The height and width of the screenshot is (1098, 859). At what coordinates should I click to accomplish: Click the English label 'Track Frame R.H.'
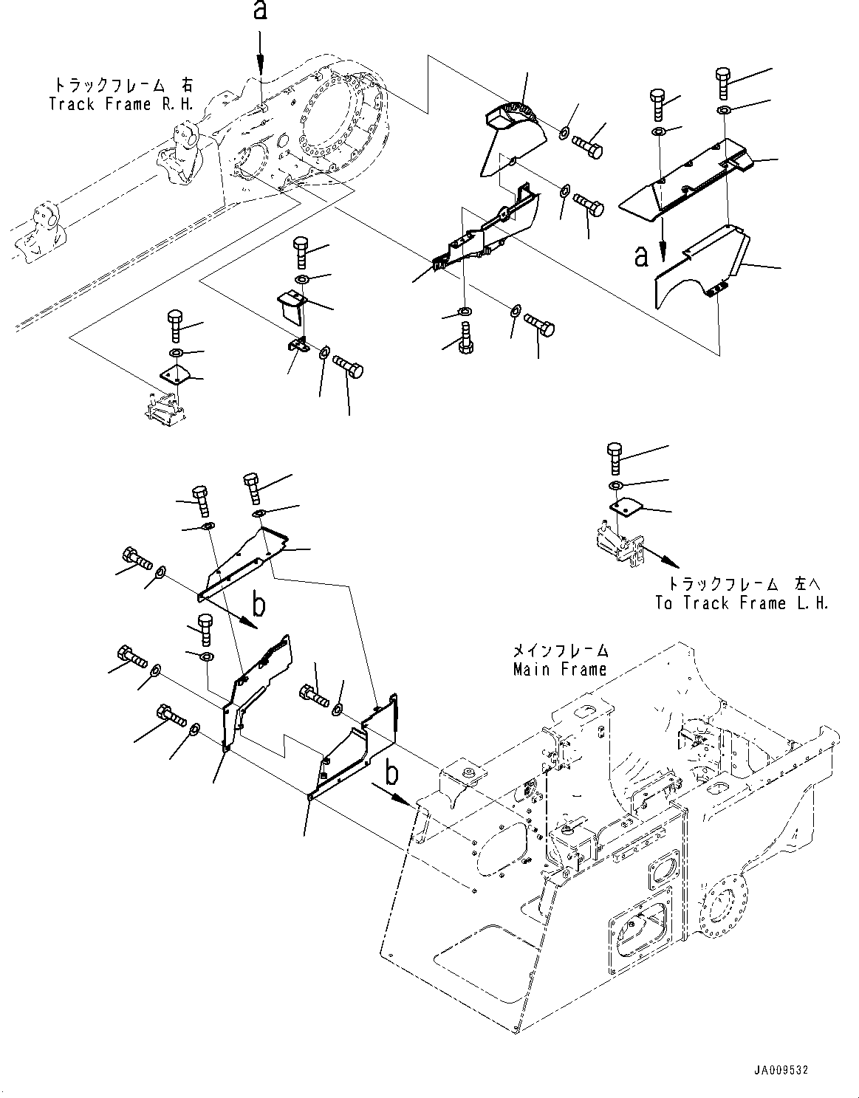[121, 104]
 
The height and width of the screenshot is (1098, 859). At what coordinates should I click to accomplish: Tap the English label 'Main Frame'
[560, 670]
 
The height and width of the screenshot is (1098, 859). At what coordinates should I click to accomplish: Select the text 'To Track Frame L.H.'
[742, 603]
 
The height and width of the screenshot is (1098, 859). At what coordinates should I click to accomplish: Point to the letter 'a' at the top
[260, 10]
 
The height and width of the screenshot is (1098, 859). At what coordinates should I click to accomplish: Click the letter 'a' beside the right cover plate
[641, 256]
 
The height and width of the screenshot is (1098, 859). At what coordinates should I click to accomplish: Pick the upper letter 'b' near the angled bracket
[259, 604]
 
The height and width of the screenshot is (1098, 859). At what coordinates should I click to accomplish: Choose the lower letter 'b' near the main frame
[391, 772]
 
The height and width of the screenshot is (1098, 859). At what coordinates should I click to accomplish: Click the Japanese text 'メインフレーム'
[561, 651]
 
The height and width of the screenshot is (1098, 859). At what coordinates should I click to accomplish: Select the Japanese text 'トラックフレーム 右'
[124, 84]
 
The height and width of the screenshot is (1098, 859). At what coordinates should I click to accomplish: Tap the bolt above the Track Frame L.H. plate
[615, 459]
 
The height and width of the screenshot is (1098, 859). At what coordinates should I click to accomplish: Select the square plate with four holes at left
[175, 377]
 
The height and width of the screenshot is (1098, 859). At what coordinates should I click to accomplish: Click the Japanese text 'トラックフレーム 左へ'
[744, 583]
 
